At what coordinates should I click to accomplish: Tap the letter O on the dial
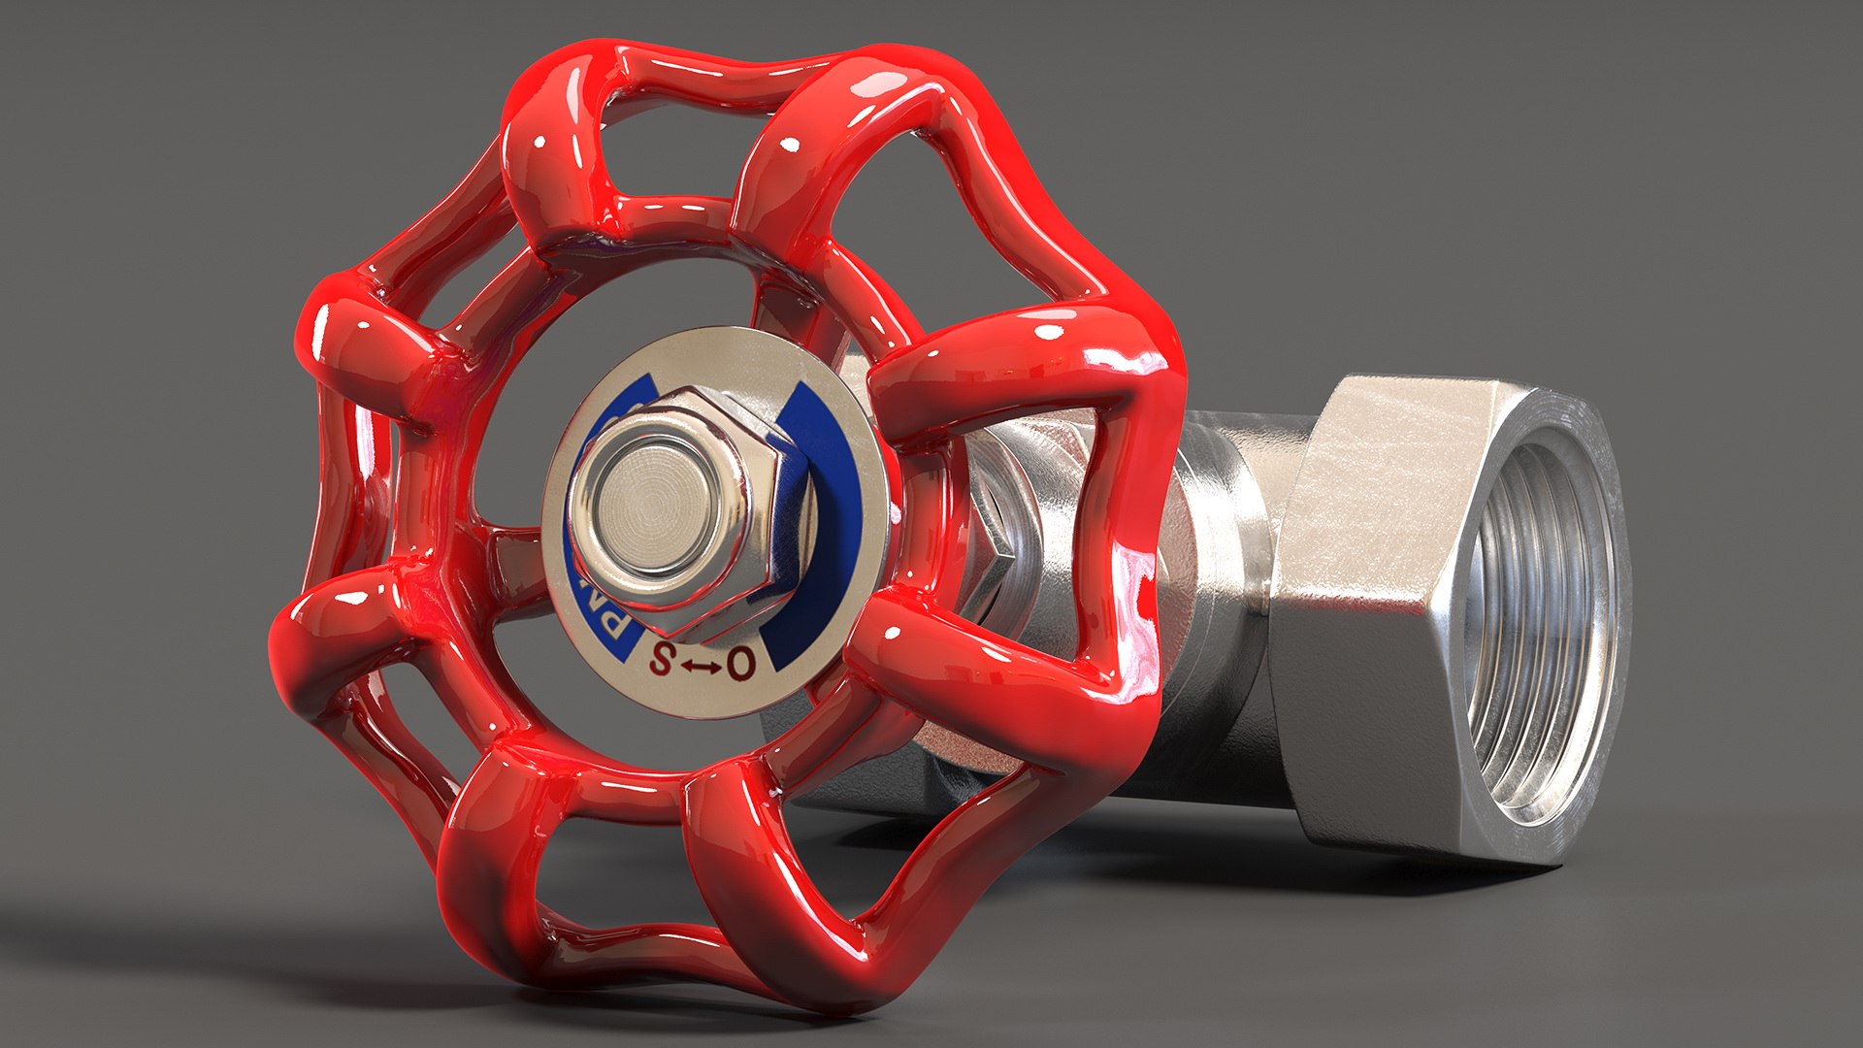point(740,664)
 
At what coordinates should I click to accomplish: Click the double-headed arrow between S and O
point(700,666)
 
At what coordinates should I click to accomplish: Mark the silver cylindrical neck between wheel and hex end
point(1223,543)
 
